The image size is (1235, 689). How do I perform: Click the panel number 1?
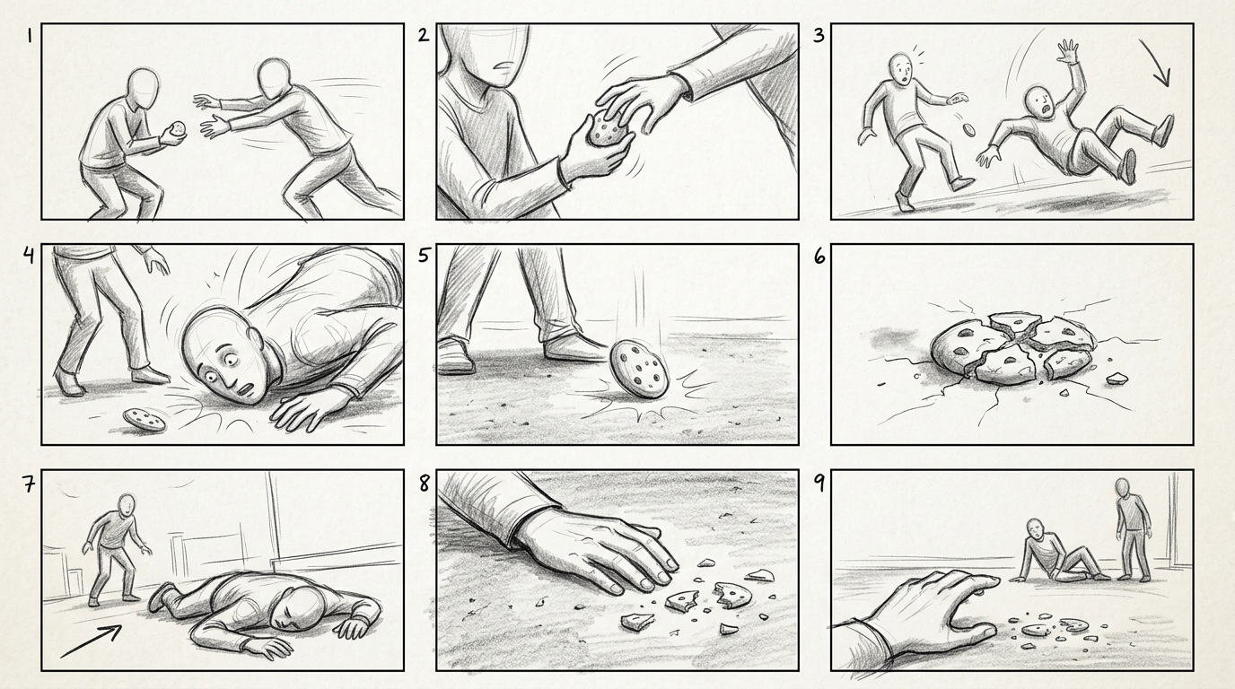click(x=30, y=37)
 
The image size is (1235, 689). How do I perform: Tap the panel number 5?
click(x=424, y=256)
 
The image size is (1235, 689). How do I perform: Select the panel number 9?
click(x=819, y=484)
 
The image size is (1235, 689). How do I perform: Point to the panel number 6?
click(x=819, y=257)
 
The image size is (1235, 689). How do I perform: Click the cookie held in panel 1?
click(x=178, y=129)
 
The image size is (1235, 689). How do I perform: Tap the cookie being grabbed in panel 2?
click(x=609, y=128)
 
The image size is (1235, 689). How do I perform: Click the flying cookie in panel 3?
click(x=968, y=129)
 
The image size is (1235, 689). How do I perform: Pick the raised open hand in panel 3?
click(x=1067, y=56)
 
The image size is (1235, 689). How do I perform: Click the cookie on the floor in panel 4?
click(x=144, y=420)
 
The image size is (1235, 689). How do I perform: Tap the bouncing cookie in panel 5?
click(x=639, y=368)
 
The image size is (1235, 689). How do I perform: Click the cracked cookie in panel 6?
click(x=1012, y=348)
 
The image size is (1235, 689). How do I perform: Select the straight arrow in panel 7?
click(x=91, y=641)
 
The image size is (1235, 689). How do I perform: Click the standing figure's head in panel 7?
click(x=127, y=505)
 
